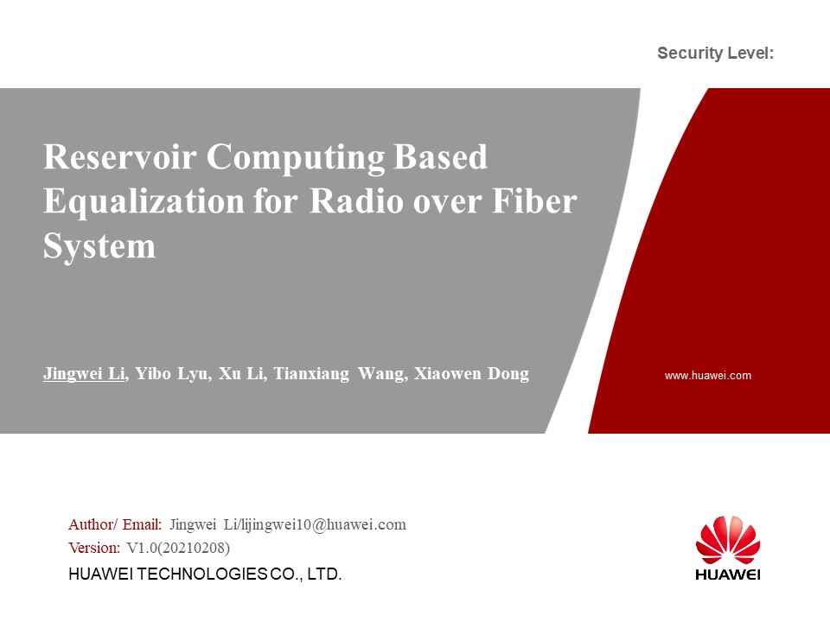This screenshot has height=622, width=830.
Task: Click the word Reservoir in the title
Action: click(119, 156)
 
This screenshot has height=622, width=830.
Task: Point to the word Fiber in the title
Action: click(534, 201)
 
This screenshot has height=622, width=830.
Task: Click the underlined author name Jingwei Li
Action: click(84, 373)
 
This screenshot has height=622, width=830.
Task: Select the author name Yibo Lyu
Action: click(174, 373)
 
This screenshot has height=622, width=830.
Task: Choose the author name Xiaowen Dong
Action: click(472, 373)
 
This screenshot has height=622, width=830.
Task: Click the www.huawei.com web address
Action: click(708, 376)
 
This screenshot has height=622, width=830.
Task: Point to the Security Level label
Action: click(715, 53)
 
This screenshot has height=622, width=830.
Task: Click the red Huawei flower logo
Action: click(728, 540)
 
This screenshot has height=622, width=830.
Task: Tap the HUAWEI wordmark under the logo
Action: click(728, 574)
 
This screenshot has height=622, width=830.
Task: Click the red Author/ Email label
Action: click(115, 524)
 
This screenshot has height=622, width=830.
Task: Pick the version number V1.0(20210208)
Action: click(178, 548)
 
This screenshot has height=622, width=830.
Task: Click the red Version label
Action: click(94, 548)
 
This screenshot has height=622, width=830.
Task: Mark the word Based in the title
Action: click(440, 156)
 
